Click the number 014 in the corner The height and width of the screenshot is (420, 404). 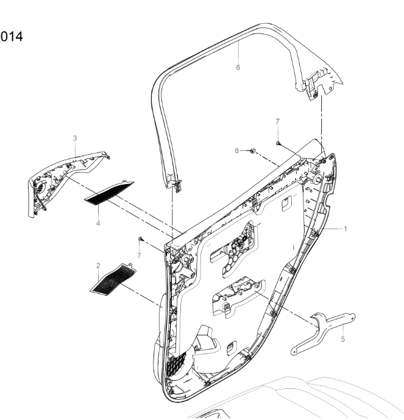pyautogui.click(x=12, y=37)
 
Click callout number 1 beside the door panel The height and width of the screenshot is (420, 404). pyautogui.click(x=346, y=229)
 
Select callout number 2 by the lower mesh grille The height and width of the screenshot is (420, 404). pyautogui.click(x=98, y=266)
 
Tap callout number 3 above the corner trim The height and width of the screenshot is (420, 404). pyautogui.click(x=75, y=138)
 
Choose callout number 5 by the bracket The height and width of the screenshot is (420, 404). pyautogui.click(x=342, y=339)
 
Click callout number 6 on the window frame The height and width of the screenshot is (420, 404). pyautogui.click(x=238, y=68)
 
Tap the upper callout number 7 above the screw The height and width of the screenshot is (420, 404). pyautogui.click(x=277, y=130)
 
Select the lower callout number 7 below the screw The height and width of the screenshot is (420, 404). pyautogui.click(x=138, y=255)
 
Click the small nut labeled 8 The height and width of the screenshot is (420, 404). pyautogui.click(x=251, y=149)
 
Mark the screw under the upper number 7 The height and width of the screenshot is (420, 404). pyautogui.click(x=278, y=142)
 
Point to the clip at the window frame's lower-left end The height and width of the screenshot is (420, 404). pyautogui.click(x=176, y=183)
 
